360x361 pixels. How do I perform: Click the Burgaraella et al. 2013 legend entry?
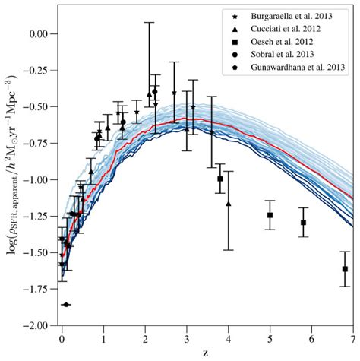(x=292, y=16)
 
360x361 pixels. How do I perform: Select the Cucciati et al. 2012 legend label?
(x=286, y=29)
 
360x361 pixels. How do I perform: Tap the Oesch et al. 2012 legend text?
(x=282, y=42)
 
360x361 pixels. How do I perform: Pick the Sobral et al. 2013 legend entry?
(x=283, y=54)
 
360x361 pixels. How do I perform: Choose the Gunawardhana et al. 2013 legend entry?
(x=298, y=68)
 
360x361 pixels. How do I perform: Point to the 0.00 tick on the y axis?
(x=39, y=34)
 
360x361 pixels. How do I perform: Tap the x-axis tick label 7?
(x=353, y=339)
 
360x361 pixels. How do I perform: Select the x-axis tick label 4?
(x=229, y=339)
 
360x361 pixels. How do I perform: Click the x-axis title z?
(x=205, y=353)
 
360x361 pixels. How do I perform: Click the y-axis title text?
(x=12, y=166)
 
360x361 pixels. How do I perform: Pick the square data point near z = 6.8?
(x=345, y=269)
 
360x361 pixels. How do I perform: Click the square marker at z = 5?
(x=270, y=215)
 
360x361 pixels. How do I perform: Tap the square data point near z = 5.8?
(x=303, y=223)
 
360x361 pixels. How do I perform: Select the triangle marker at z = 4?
(x=229, y=204)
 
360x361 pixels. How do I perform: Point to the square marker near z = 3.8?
(x=220, y=179)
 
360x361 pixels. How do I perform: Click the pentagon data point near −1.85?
(x=66, y=305)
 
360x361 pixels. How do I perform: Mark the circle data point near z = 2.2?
(x=155, y=91)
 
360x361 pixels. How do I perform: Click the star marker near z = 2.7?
(x=174, y=93)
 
